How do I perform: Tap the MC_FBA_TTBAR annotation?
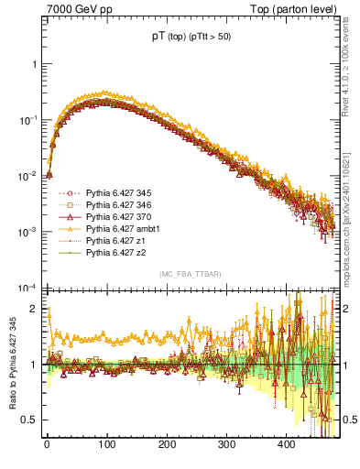191,275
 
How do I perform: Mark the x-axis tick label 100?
106,444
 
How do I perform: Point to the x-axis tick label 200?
167,444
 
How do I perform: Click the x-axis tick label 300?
226,444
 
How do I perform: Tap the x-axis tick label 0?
47,444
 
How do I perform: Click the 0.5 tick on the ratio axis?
30,420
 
